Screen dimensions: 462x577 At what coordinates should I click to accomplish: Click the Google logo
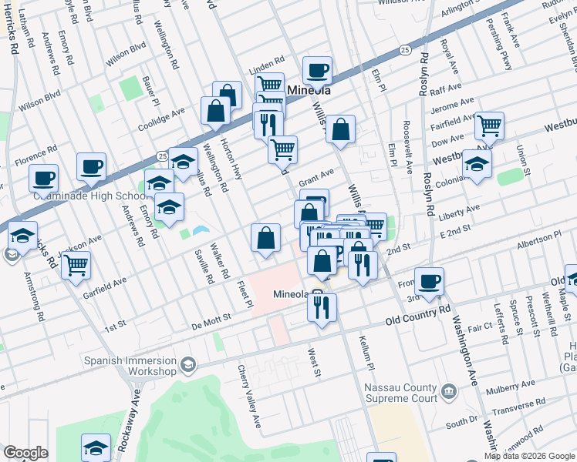click(x=26, y=453)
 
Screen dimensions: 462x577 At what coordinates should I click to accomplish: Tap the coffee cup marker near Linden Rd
click(x=317, y=71)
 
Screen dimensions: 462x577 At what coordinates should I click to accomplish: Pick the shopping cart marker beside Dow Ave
click(x=489, y=126)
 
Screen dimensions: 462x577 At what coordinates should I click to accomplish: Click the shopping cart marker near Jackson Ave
click(x=76, y=265)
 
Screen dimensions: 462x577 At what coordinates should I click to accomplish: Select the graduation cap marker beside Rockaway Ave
click(x=96, y=447)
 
